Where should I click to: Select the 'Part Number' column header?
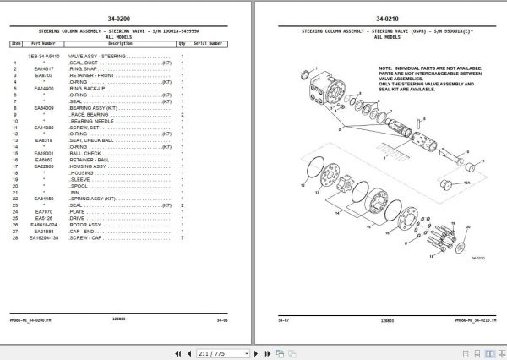point(44,42)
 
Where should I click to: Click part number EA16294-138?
point(44,239)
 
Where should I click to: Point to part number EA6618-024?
point(44,227)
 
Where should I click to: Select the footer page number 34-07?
point(285,320)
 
